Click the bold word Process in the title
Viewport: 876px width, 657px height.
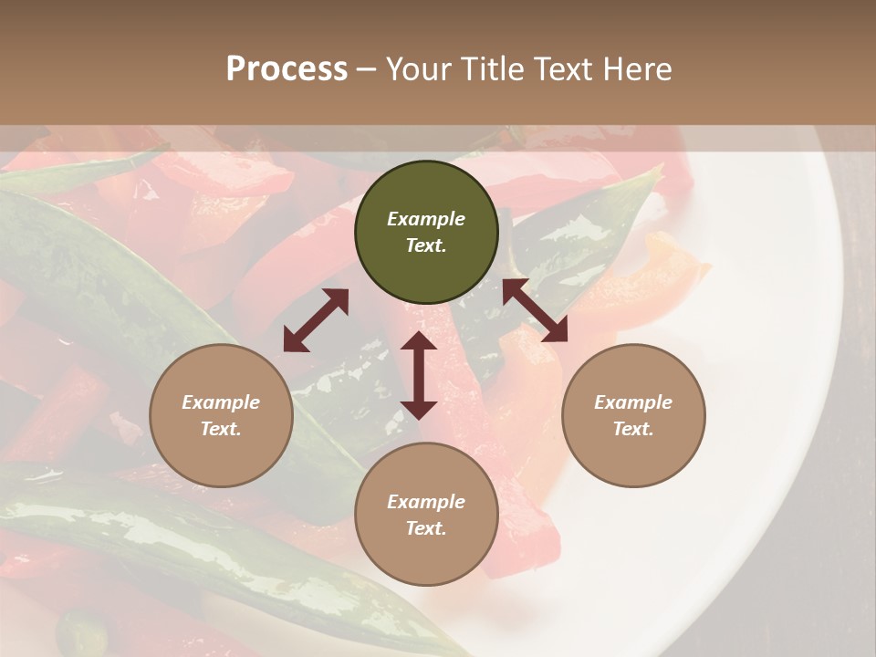[287, 68]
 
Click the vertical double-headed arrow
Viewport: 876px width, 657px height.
[419, 375]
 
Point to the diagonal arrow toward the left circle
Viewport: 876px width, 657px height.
[316, 320]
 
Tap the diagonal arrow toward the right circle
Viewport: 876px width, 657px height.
[535, 310]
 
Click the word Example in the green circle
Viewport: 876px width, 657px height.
[426, 219]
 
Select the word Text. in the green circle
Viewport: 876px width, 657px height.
[426, 245]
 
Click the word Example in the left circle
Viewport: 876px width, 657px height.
[221, 402]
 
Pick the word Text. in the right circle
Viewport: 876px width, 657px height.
[633, 429]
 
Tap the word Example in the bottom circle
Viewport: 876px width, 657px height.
[426, 502]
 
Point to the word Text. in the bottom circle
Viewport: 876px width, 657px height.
[426, 528]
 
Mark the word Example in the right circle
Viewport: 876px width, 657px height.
[633, 402]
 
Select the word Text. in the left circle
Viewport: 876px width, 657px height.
[221, 429]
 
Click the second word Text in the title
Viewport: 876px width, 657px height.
[559, 68]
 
